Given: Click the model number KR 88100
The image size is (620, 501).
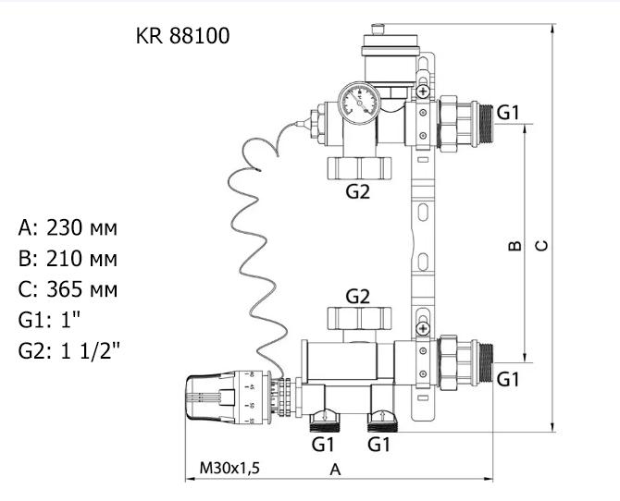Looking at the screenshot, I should [182, 37].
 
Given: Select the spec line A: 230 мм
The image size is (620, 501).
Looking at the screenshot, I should [68, 227].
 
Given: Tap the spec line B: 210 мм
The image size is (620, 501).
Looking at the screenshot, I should [68, 258].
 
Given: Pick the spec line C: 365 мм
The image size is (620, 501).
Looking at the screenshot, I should [68, 289].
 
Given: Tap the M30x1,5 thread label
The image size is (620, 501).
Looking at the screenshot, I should [229, 468].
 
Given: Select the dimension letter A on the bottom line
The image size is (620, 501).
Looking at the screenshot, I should [336, 470].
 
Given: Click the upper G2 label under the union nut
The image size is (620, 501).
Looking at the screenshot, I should [358, 192].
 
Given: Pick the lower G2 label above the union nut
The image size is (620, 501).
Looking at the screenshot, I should [358, 297].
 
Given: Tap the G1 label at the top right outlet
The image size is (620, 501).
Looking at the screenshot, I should [508, 113].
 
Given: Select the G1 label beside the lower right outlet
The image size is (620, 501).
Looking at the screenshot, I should [508, 379].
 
